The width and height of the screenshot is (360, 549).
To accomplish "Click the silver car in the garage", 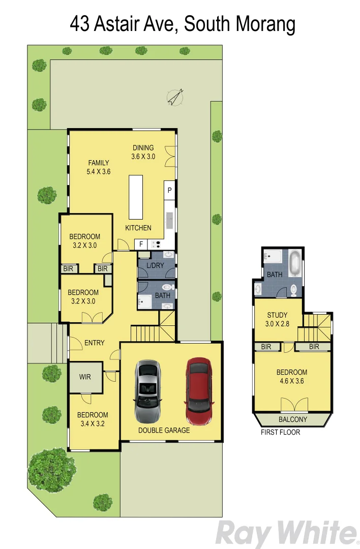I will [147, 390].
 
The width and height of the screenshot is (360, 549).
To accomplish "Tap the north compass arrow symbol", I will [176, 97].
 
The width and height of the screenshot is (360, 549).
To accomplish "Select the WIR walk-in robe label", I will [85, 378].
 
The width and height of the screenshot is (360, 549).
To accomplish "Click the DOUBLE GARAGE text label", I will [164, 430].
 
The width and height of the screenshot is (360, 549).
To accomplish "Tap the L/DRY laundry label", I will [155, 266].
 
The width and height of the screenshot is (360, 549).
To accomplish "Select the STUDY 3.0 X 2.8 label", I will [277, 319].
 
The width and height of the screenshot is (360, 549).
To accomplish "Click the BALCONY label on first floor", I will [293, 419].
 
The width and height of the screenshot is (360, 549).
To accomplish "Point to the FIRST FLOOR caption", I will [280, 433].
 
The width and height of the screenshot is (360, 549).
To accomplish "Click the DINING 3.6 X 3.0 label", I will [143, 152].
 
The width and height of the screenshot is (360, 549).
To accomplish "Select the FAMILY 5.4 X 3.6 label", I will [99, 167].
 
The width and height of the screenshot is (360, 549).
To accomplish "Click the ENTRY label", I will [94, 343].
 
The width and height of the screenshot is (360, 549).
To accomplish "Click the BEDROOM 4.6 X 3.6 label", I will [292, 377].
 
